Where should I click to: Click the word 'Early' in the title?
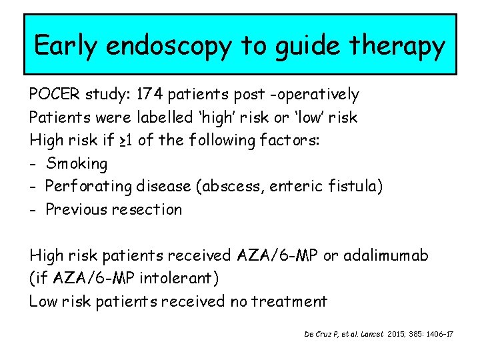click(65, 45)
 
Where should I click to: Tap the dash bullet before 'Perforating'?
click(33, 187)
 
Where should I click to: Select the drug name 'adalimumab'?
click(391, 255)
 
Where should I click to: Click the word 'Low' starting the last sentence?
click(43, 301)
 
